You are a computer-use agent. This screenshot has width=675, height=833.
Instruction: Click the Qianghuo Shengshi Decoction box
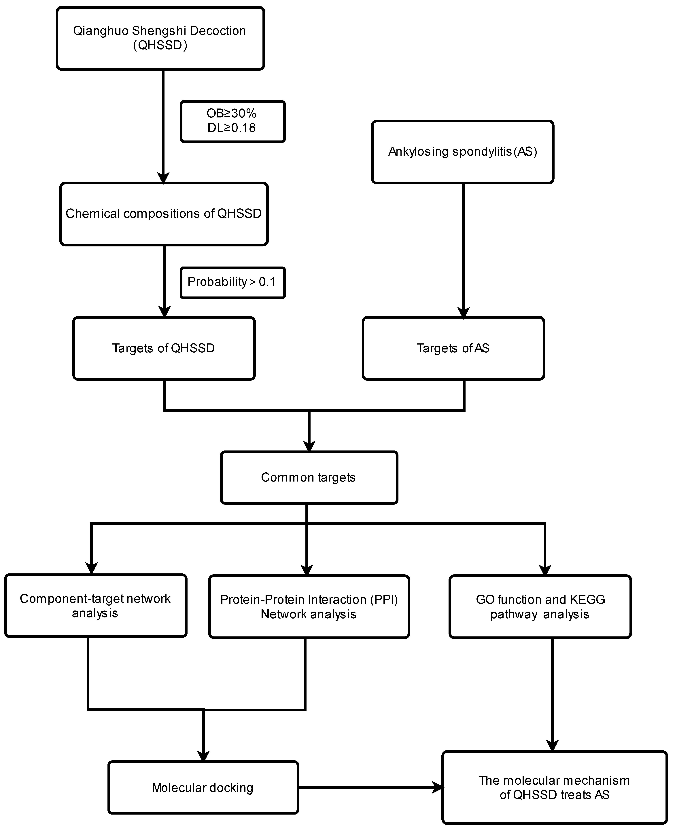pyautogui.click(x=160, y=38)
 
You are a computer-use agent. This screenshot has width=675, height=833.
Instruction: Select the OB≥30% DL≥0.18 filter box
pyautogui.click(x=232, y=121)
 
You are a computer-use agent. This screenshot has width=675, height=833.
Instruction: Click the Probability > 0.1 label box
pyautogui.click(x=232, y=282)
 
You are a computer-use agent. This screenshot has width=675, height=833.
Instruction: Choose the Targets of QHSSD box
pyautogui.click(x=164, y=348)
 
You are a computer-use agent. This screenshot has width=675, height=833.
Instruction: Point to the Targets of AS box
pyautogui.click(x=453, y=348)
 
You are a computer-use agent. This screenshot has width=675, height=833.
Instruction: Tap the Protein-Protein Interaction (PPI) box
pyautogui.click(x=309, y=606)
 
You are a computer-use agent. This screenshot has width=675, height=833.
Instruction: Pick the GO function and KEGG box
pyautogui.click(x=540, y=606)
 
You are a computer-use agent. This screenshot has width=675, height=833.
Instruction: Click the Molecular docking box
pyautogui.click(x=203, y=788)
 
